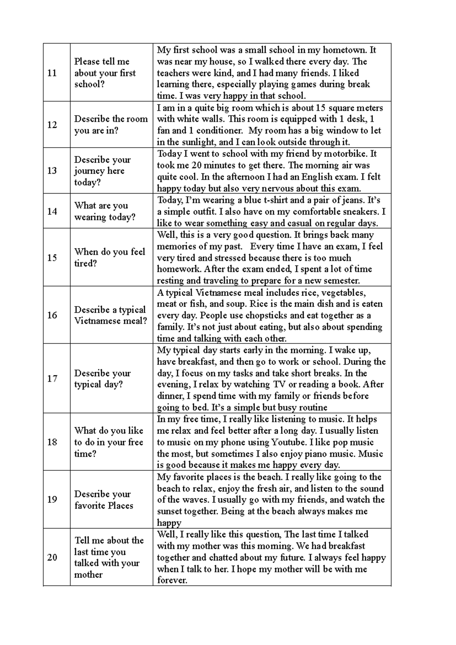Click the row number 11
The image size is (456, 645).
[52, 73]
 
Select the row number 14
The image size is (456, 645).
[52, 211]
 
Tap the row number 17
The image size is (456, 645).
[52, 379]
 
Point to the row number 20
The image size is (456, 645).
[52, 558]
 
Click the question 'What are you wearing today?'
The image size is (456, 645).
[104, 211]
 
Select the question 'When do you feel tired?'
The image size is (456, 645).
[109, 257]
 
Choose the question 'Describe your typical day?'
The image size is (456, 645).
[102, 379]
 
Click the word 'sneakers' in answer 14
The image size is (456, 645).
[362, 211]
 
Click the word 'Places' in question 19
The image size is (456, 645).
[120, 505]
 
